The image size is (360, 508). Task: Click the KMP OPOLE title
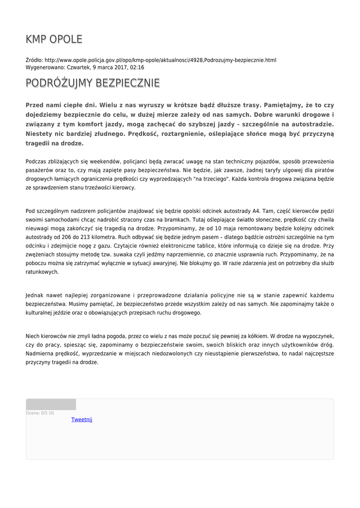click(54, 40)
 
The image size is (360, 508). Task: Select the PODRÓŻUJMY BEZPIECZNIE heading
click(93, 83)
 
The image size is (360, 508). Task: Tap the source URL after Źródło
click(160, 60)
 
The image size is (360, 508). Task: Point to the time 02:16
click(137, 67)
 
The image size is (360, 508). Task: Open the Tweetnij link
click(81, 420)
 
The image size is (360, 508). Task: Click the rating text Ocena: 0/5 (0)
click(40, 413)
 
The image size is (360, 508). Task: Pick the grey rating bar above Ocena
click(51, 404)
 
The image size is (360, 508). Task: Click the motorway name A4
click(255, 210)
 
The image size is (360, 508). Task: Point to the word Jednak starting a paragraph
click(35, 295)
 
